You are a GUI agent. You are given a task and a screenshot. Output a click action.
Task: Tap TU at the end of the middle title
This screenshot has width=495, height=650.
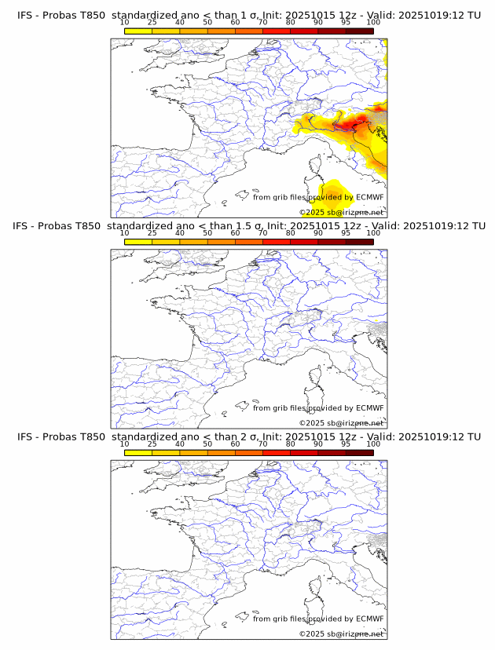coord(475,226)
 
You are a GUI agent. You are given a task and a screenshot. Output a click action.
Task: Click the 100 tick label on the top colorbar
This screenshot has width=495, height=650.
coord(373,23)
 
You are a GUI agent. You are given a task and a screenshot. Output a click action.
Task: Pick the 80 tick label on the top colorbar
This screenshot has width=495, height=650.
coord(291,23)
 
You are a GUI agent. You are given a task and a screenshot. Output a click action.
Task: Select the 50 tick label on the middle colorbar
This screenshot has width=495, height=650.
coord(207,233)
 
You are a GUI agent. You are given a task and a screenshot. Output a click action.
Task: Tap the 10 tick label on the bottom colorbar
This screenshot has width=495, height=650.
coord(125,444)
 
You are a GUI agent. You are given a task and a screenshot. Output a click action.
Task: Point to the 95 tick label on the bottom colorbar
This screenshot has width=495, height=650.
coord(346,444)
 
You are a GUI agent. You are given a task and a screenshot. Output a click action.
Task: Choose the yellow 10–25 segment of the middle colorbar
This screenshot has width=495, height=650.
coord(138,241)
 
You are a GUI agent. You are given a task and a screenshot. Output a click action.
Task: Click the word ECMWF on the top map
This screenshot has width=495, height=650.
coord(369,197)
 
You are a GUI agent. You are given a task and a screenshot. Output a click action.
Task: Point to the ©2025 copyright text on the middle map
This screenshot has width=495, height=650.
coord(311,423)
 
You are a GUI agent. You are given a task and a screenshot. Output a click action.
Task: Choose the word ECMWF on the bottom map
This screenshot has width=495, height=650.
coord(369,619)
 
